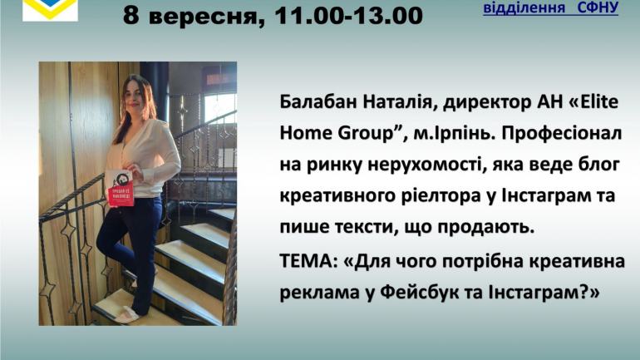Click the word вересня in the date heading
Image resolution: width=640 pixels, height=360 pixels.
point(206,17)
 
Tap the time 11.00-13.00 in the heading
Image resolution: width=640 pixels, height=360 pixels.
point(348,17)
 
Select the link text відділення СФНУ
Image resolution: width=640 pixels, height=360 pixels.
point(550,7)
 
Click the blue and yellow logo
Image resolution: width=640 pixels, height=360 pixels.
point(50,10)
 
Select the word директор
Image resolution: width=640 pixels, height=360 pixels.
point(487,102)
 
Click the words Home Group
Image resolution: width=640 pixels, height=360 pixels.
point(337,134)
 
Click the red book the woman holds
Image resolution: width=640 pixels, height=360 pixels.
point(119,188)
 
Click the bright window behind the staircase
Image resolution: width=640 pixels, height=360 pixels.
point(219,108)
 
